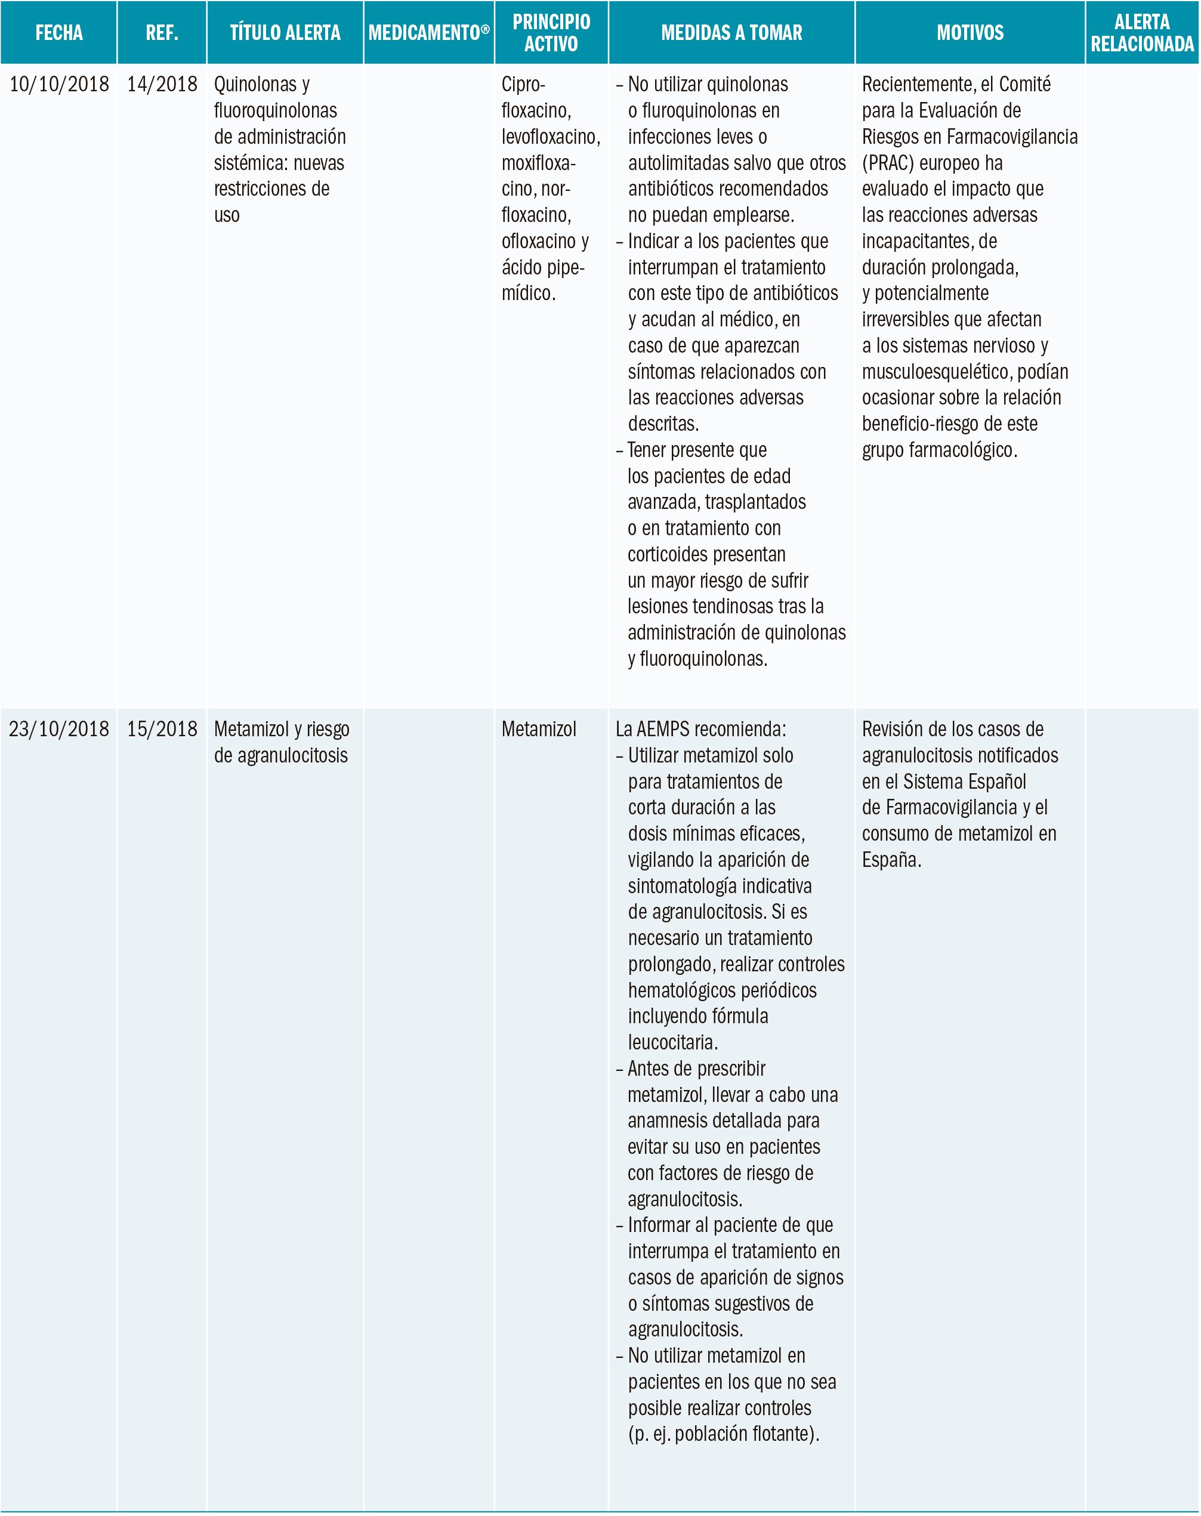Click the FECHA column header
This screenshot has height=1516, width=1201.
tap(59, 33)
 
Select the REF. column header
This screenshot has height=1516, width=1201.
tap(162, 33)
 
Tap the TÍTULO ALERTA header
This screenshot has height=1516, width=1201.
tap(285, 33)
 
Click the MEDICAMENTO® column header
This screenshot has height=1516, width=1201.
tap(429, 33)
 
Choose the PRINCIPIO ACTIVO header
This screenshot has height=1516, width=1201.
tap(551, 33)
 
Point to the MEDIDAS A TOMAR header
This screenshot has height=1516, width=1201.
tap(731, 33)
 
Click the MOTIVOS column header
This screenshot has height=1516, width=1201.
tap(970, 33)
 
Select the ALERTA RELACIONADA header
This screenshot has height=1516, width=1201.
tap(1142, 33)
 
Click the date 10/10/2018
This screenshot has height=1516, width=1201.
tap(59, 84)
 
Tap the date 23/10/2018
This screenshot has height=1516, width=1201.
tap(59, 729)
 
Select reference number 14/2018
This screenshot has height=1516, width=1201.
tap(162, 84)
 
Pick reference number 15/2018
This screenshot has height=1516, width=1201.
tap(162, 729)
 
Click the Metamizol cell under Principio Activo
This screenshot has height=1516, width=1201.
tap(539, 729)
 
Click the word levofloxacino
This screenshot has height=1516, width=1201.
tap(550, 137)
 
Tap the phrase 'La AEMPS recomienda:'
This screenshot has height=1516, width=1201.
tap(700, 729)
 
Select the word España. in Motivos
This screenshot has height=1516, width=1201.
tap(891, 860)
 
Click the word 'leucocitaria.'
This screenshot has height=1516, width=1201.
tap(672, 1042)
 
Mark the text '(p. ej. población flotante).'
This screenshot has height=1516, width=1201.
tap(724, 1434)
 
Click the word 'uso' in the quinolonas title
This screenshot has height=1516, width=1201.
tap(227, 215)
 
